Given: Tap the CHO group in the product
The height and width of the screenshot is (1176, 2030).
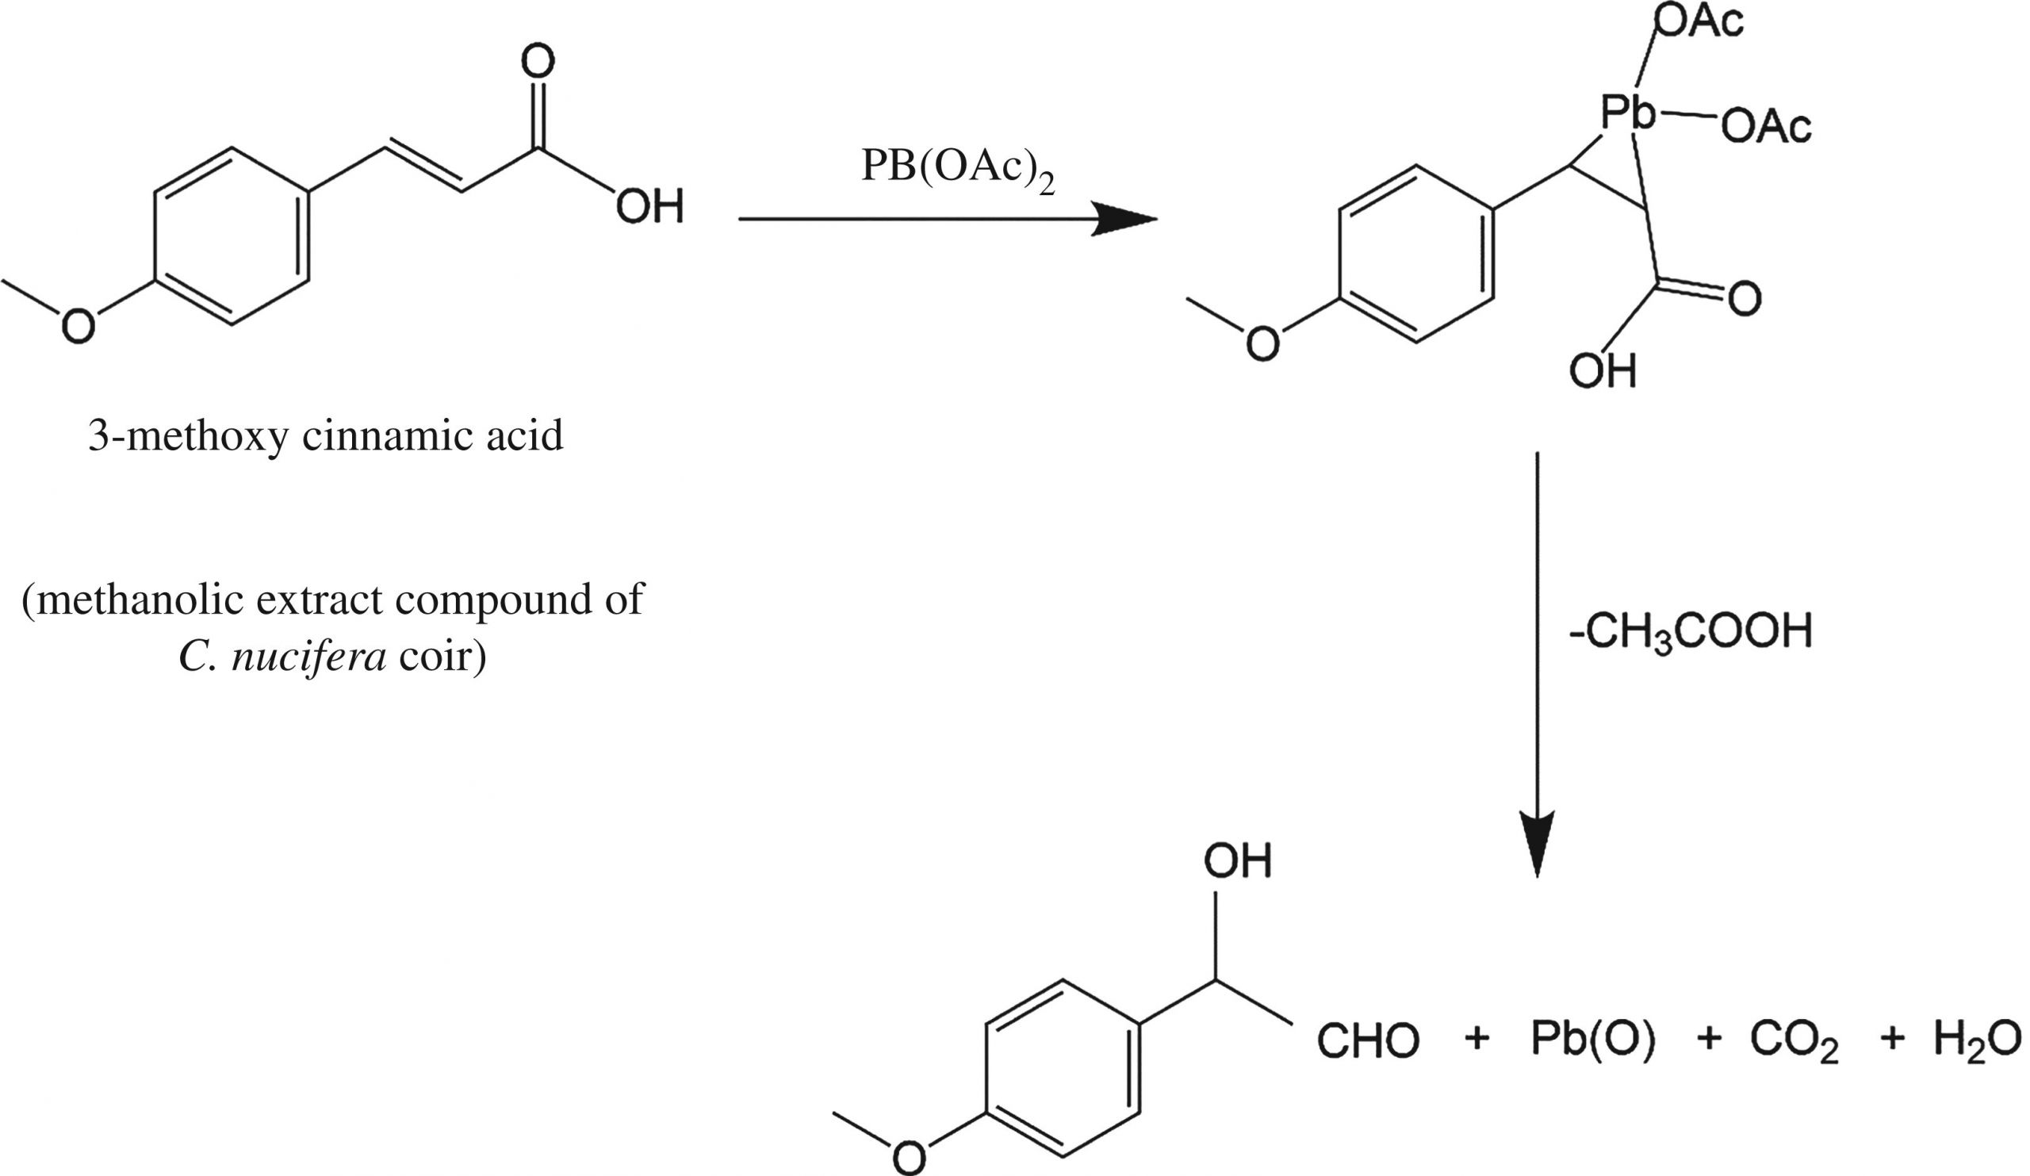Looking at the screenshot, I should click(1367, 1040).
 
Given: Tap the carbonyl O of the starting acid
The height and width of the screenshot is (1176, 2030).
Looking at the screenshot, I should click(538, 63).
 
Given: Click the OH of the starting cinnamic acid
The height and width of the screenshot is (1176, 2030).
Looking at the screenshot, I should click(649, 207).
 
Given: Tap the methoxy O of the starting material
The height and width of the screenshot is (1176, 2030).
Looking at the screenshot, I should click(79, 327).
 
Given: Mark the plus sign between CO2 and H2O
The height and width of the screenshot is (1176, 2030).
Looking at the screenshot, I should click(1891, 1039).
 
